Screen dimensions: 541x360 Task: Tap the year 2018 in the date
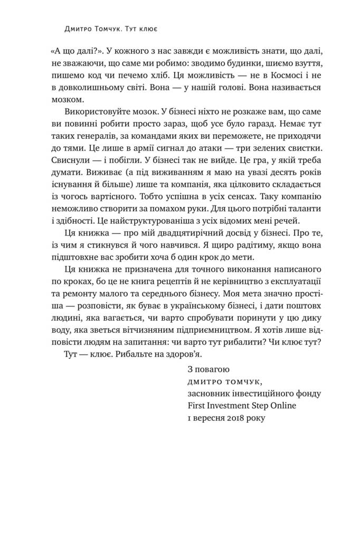click(x=235, y=417)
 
